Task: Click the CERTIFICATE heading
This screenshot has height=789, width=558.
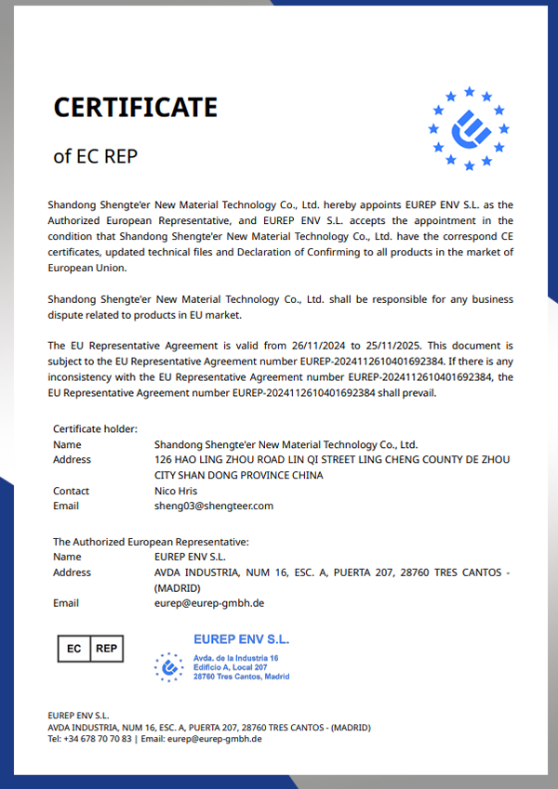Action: [135, 108]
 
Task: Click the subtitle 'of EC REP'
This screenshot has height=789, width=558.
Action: [95, 156]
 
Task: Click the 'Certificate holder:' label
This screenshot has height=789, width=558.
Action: [95, 428]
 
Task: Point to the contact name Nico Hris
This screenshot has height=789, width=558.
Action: [177, 491]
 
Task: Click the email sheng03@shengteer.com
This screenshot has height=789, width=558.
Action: [214, 506]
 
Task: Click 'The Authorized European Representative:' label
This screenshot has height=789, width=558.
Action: [151, 541]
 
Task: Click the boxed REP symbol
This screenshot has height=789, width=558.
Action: [106, 648]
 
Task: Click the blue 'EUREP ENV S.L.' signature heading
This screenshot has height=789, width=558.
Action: [241, 639]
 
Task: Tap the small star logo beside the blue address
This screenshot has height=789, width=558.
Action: [168, 666]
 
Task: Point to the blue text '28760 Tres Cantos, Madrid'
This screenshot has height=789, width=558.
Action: [241, 677]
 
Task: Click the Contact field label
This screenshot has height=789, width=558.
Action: [72, 491]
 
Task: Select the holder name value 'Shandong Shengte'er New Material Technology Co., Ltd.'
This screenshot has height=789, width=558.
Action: [286, 444]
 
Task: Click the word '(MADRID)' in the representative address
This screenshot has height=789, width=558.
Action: [177, 588]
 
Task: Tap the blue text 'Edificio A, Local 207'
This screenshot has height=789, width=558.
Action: [230, 667]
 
